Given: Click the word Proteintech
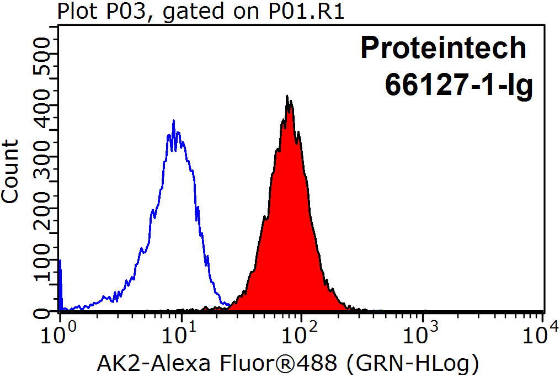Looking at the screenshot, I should coord(444,49).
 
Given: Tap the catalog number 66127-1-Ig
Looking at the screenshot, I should coord(458,85).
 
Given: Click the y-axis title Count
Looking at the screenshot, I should coord(10,171).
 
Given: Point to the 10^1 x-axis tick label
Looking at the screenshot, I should coord(179,332).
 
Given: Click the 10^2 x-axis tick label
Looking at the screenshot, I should coord(301,332).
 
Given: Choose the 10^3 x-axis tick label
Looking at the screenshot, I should coord(422,332).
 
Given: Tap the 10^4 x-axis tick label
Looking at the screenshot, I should coord(542,332).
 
